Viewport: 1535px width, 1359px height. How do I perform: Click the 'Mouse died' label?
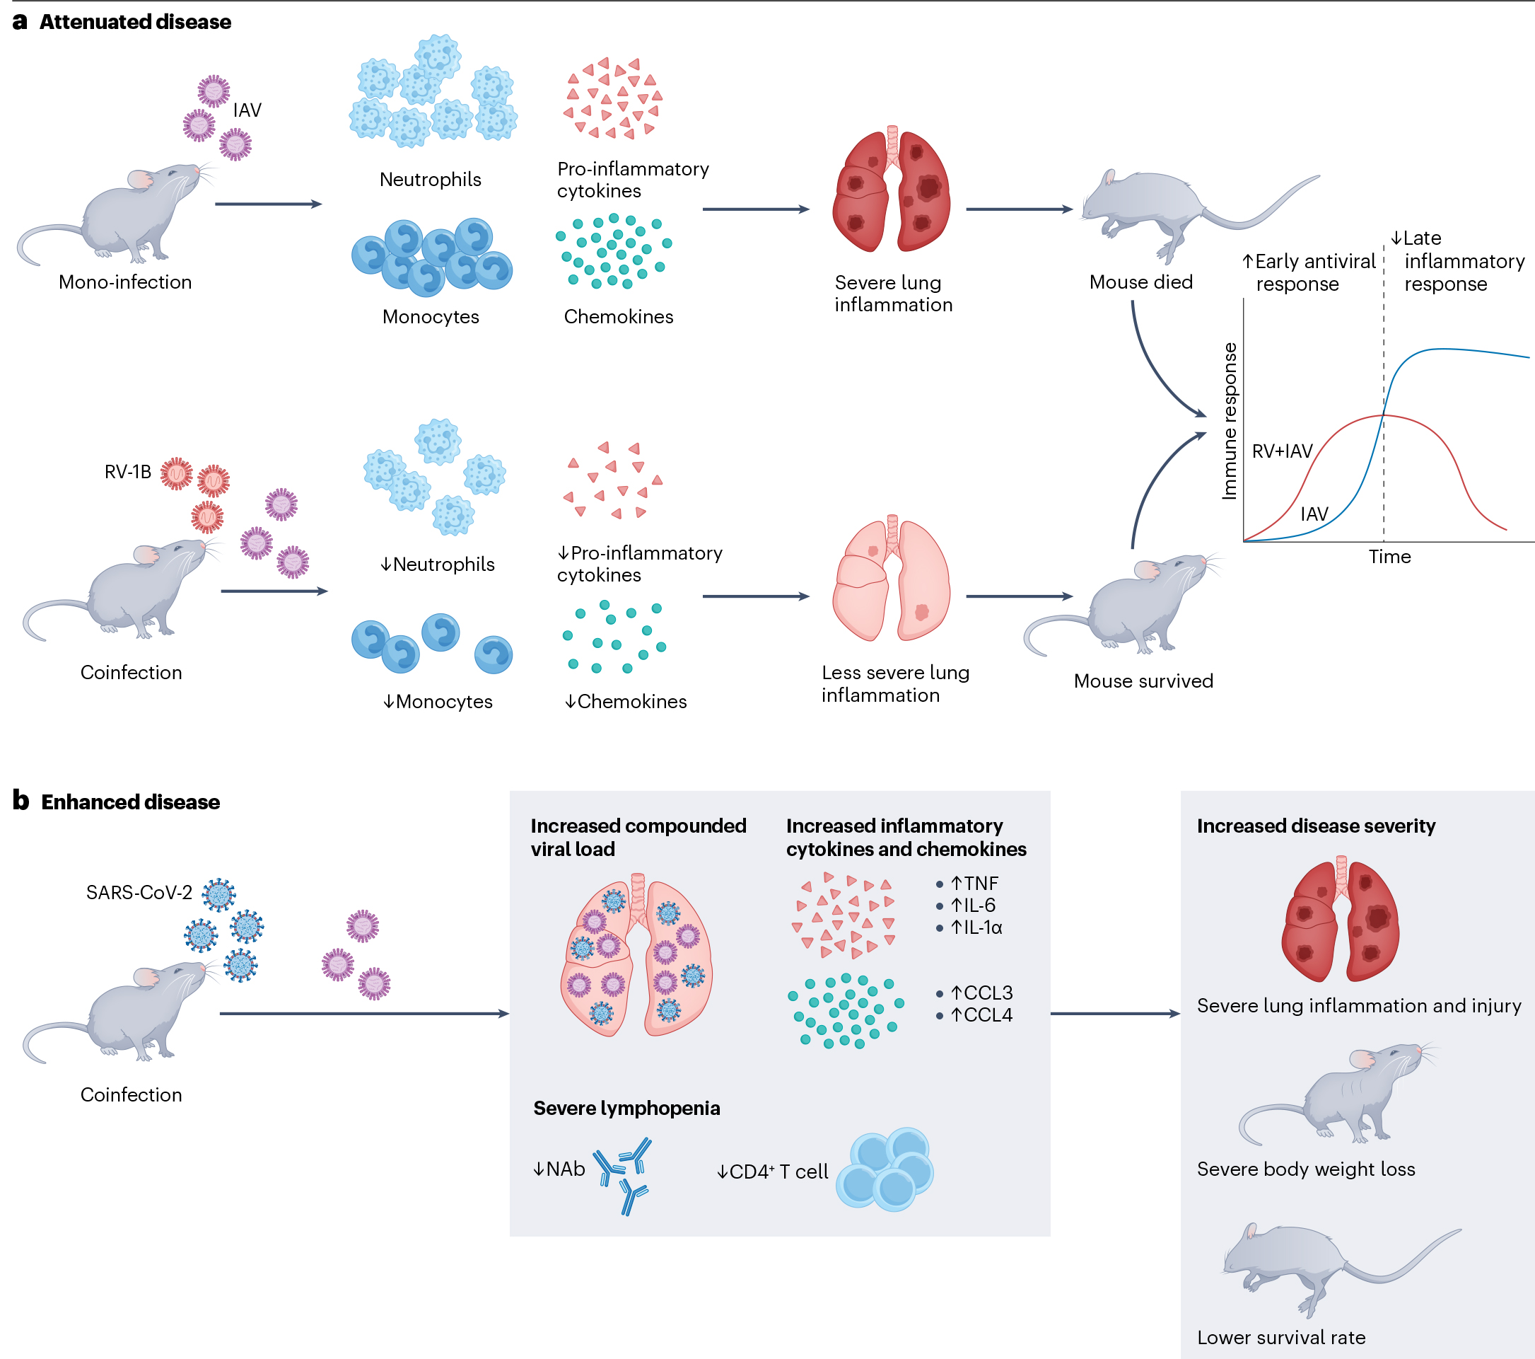pos(1140,282)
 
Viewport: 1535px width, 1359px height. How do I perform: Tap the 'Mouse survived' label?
pos(1143,681)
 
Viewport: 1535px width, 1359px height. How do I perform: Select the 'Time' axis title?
pos(1389,557)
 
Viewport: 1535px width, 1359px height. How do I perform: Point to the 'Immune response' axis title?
pos(1230,421)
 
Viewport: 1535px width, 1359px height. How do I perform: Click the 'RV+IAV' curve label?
pos(1282,451)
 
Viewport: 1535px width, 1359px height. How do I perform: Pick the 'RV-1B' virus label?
pos(128,472)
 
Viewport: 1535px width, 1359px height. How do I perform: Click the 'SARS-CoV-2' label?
pos(139,893)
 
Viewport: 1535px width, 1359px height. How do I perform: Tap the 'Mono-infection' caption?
pos(125,282)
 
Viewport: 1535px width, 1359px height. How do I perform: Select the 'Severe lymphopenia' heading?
pos(626,1108)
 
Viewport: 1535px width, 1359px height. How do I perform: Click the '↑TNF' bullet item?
pos(974,884)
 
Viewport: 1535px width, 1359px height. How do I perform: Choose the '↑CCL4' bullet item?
pos(981,1015)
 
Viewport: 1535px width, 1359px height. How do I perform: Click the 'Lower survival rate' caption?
pos(1281,1337)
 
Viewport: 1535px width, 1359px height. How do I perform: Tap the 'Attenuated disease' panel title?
pos(135,22)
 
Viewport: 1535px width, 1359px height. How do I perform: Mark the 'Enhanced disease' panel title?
pos(130,802)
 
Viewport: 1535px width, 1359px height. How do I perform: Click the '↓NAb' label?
pos(559,1169)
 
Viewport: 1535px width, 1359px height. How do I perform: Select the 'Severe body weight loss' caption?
pos(1306,1169)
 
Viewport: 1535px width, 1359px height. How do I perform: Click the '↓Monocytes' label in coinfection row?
pos(438,701)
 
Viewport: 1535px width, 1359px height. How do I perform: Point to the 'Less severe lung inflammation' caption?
pos(895,683)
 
